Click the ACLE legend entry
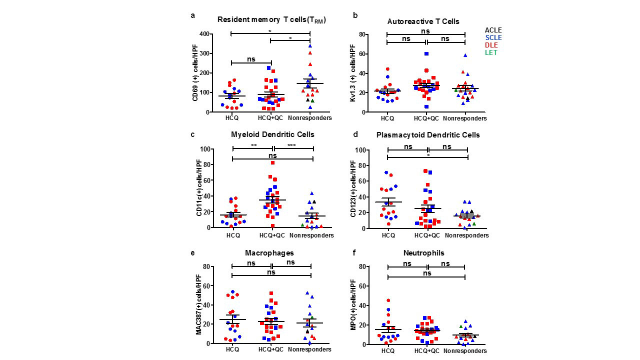click(493, 30)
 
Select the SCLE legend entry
click(493, 37)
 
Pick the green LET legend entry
click(492, 52)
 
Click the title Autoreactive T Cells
click(423, 21)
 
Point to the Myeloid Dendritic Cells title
click(272, 134)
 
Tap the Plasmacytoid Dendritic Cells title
click(428, 135)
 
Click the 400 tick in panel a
click(203, 34)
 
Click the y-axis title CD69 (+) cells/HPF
click(194, 73)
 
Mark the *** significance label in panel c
click(291, 145)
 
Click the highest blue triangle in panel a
click(310, 46)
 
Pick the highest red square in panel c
click(272, 162)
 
